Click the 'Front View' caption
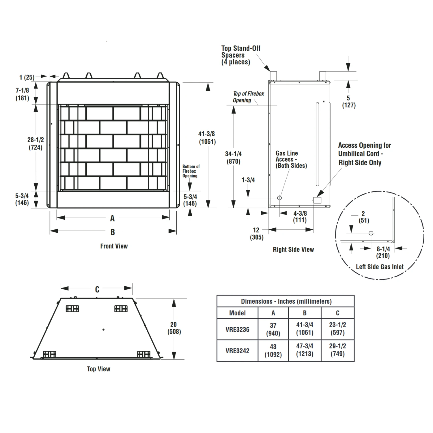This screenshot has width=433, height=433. (x=114, y=246)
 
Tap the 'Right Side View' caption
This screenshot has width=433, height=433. (x=293, y=250)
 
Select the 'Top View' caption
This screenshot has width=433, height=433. (x=98, y=369)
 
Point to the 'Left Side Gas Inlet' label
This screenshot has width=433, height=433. (x=379, y=267)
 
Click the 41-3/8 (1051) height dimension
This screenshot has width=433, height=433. (x=207, y=138)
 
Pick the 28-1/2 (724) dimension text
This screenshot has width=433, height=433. (x=36, y=144)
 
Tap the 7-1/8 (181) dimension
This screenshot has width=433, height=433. (x=22, y=94)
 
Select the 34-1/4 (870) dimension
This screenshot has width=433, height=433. (x=233, y=158)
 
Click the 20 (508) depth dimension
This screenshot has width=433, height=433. (x=174, y=328)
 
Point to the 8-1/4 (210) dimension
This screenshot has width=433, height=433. (x=383, y=252)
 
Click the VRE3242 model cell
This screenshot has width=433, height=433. (x=237, y=351)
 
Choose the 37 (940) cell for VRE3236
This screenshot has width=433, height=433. (x=273, y=329)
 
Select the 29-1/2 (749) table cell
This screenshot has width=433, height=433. (x=337, y=350)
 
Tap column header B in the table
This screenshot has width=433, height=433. (x=305, y=313)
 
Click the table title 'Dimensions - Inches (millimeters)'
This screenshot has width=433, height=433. (x=286, y=301)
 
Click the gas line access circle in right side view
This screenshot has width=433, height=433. (x=279, y=198)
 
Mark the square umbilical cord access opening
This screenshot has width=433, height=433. (x=317, y=200)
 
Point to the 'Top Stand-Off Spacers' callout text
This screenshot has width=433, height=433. (x=240, y=55)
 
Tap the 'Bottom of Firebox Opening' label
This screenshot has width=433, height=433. (x=191, y=171)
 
